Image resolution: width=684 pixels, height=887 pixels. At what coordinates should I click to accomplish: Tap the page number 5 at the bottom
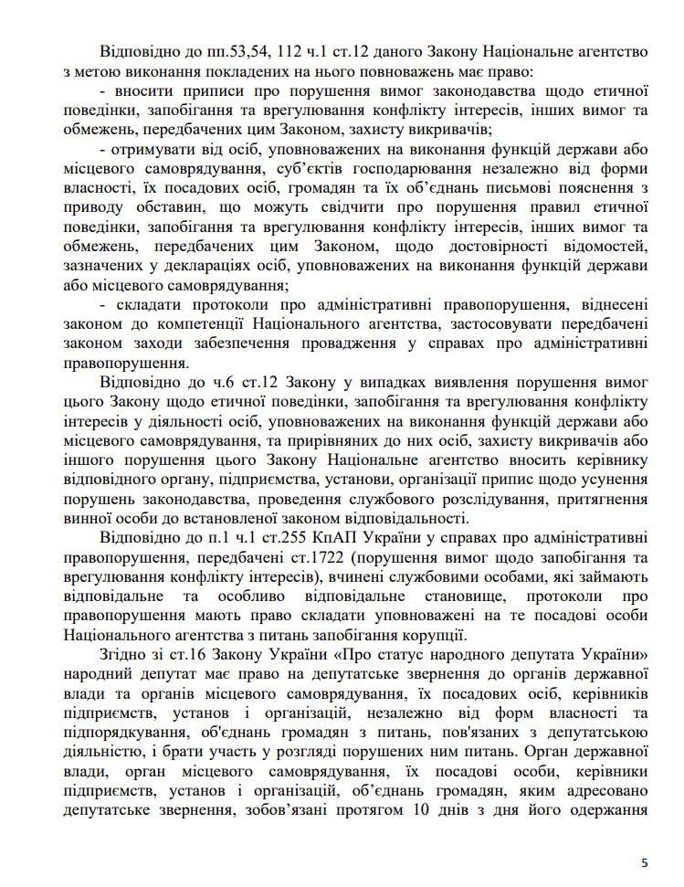click(x=645, y=861)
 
